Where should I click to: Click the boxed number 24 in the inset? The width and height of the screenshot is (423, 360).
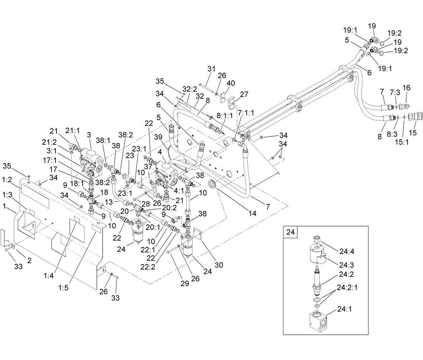click(x=290, y=232)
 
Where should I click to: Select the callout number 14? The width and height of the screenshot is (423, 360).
click(x=252, y=213)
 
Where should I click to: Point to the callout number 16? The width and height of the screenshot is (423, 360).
click(x=406, y=88)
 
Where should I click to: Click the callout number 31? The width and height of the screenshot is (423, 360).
click(x=211, y=69)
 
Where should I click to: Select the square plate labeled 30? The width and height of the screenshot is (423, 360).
click(x=197, y=234)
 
